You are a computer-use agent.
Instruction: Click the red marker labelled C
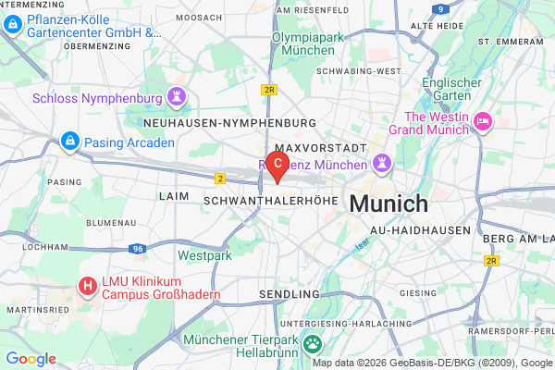(x=277, y=164)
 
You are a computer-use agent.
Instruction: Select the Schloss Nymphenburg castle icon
(x=176, y=96)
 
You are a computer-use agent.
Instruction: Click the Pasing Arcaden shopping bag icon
(x=68, y=142)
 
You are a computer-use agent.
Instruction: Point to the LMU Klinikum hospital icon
(x=87, y=286)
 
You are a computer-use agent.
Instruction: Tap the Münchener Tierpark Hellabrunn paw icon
(x=314, y=344)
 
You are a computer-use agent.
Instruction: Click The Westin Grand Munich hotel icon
(x=482, y=121)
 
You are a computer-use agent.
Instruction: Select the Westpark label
(x=200, y=254)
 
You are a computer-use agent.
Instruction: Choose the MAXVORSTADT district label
(x=322, y=147)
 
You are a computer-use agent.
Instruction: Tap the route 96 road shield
(x=136, y=249)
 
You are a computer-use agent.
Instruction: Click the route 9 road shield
(x=440, y=8)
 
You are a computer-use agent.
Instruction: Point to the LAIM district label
(x=173, y=196)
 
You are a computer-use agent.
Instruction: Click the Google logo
(x=31, y=359)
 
